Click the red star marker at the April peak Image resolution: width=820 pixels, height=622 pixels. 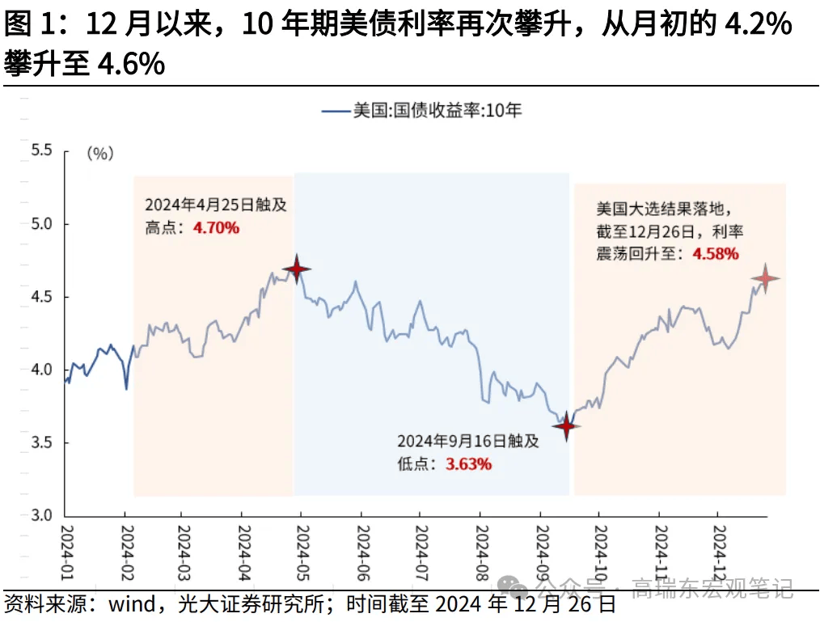point(297,269)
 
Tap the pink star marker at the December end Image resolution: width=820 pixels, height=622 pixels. point(764,279)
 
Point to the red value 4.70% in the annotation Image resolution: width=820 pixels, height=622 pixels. point(216,227)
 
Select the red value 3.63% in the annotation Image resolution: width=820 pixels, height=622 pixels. point(468,464)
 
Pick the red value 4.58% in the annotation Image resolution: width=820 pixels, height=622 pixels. point(715,254)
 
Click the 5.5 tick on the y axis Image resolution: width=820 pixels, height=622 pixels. point(40,150)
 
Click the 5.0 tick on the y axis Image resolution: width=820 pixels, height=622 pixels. point(40,223)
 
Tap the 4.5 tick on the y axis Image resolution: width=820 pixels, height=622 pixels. point(40,297)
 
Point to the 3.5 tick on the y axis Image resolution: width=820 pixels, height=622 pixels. point(40,443)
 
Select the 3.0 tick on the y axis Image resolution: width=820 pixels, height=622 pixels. point(40,516)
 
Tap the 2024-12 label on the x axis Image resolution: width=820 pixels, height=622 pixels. point(718,550)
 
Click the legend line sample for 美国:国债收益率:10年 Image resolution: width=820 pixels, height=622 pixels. point(335,111)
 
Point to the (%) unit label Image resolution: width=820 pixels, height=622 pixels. point(99,153)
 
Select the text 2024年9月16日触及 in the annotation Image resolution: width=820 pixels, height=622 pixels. point(467,442)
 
